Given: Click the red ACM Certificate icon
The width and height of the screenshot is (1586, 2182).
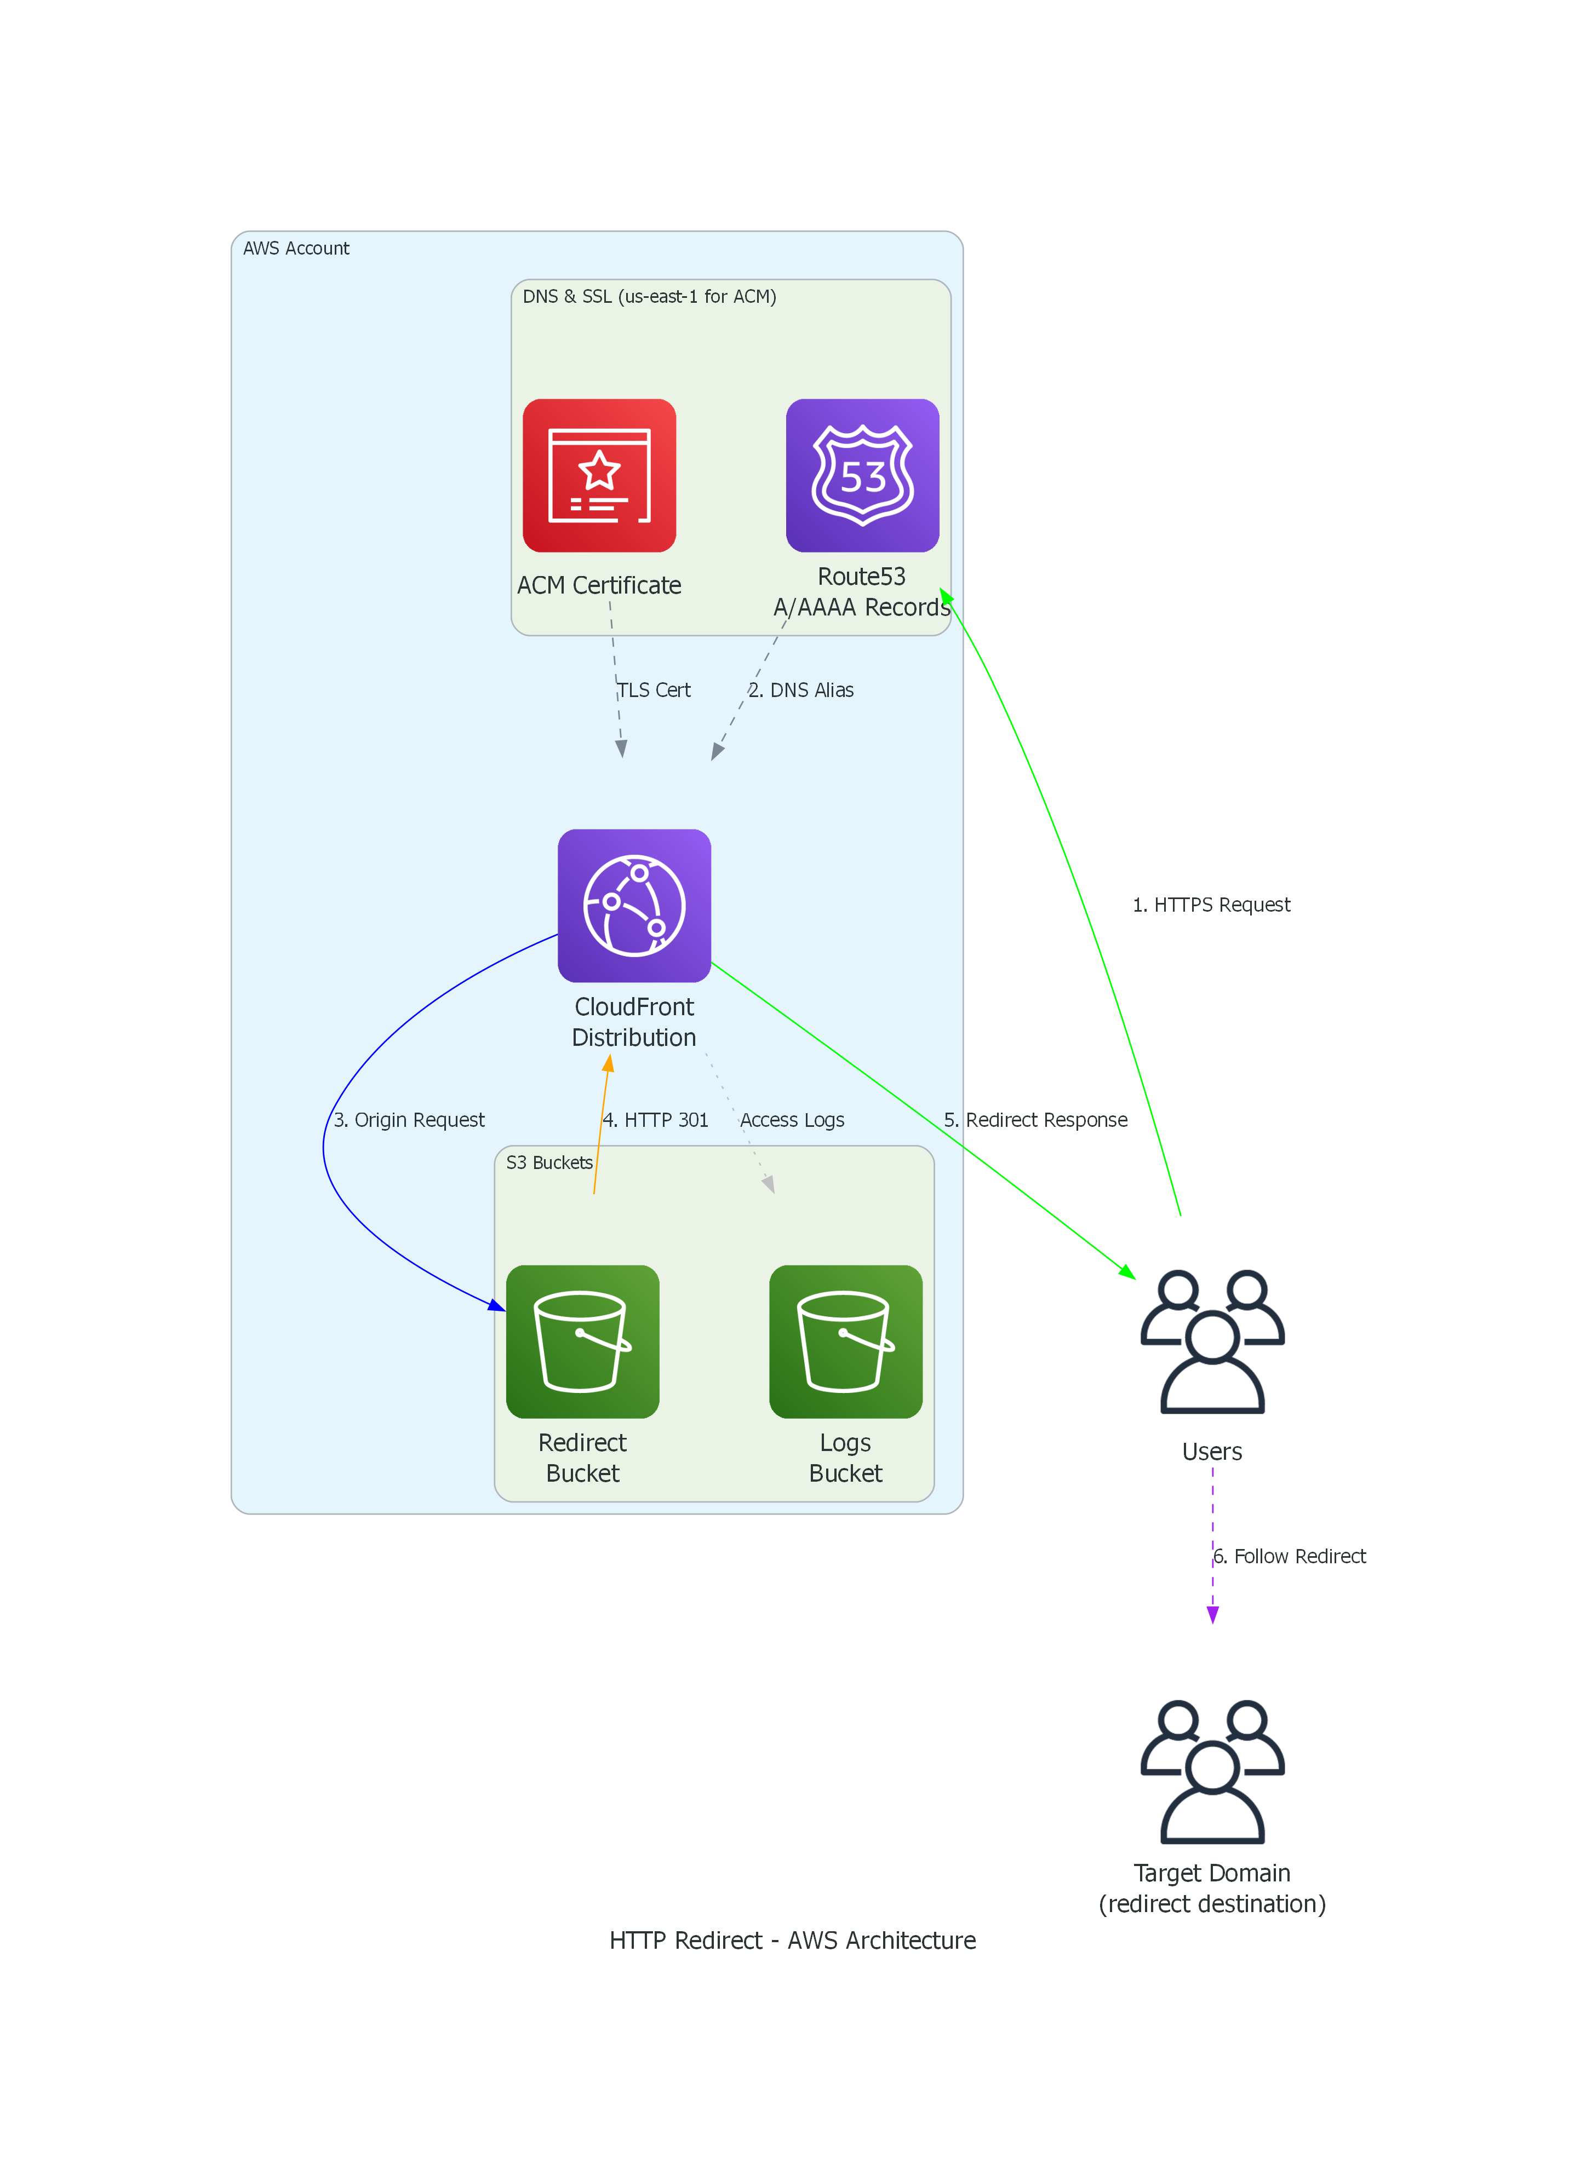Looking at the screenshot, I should coord(599,475).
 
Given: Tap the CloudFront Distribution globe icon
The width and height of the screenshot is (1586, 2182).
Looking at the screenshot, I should coord(634,905).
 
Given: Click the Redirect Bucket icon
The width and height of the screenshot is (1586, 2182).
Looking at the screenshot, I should coord(582,1341).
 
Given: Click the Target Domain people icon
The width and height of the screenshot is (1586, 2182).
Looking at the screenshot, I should coord(1212,1771).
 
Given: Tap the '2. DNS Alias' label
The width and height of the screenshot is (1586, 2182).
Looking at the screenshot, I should coord(801,690).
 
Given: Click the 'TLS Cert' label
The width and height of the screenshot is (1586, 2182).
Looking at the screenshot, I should coord(655,690).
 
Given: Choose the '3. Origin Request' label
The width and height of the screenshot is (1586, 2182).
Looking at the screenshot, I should coord(409,1120).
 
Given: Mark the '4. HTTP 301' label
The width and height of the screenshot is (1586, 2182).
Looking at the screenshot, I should coord(655,1120).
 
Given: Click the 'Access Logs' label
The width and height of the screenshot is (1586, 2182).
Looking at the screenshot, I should coord(792,1120).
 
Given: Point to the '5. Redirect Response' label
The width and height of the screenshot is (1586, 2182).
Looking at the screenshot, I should coord(1035,1120).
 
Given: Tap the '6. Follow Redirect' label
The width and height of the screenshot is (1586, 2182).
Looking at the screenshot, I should coord(1290,1556).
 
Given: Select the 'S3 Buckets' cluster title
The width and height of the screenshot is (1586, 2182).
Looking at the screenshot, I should coord(549,1162).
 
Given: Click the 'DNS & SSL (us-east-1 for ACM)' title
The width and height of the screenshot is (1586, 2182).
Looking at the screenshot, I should coord(650,296).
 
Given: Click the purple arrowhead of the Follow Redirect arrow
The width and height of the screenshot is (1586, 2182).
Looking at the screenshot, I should coord(1212,1615).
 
